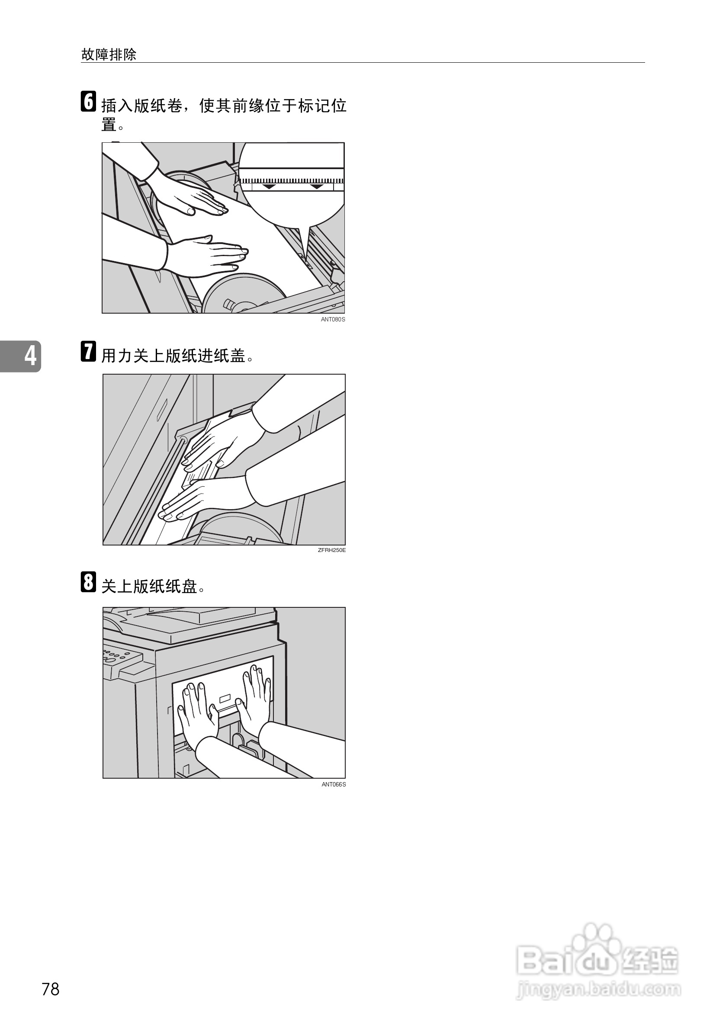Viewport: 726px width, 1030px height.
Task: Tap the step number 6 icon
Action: tap(88, 101)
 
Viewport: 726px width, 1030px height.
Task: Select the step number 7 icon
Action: tap(88, 351)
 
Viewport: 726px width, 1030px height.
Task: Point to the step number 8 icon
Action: tap(88, 582)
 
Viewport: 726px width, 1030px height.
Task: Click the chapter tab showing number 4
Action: tap(21, 356)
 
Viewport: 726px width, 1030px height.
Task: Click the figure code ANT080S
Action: tap(333, 319)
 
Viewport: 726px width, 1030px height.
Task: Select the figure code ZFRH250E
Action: tap(331, 550)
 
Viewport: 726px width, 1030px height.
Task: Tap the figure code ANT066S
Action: tap(334, 785)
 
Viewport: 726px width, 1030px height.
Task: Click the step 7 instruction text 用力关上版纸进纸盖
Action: tap(173, 356)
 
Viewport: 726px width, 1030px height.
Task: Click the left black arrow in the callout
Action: tap(269, 186)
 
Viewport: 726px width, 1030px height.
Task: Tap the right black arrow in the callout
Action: tap(316, 186)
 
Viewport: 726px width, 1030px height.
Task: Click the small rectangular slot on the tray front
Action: tap(225, 698)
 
